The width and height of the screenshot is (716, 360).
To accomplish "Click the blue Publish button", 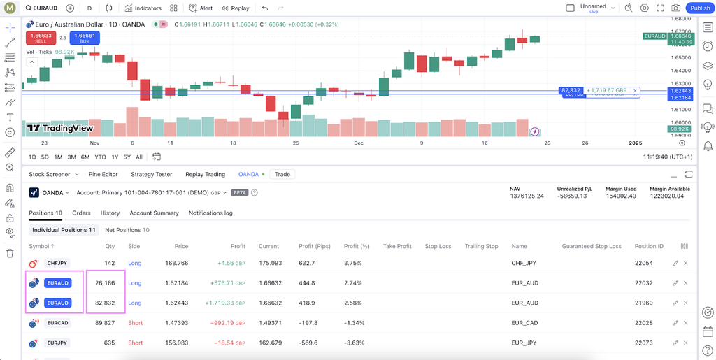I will (x=700, y=8).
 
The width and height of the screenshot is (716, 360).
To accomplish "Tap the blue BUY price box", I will (x=85, y=38).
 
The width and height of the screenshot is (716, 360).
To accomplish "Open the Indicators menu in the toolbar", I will (x=143, y=8).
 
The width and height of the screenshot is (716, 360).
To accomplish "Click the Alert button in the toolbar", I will (x=201, y=8).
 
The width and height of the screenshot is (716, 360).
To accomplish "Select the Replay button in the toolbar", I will (x=235, y=8).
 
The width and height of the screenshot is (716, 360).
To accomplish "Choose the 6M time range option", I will (x=85, y=157).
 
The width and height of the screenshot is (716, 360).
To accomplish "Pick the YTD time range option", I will (x=100, y=157).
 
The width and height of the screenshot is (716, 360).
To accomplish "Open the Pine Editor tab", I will (x=103, y=174).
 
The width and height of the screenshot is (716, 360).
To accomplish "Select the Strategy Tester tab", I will (x=151, y=174).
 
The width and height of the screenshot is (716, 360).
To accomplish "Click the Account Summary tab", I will (x=154, y=213).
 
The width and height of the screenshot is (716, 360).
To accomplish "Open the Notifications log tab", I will (x=210, y=213).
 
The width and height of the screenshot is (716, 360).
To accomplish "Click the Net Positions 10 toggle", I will (x=127, y=230).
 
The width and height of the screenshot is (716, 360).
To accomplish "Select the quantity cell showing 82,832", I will (x=105, y=303).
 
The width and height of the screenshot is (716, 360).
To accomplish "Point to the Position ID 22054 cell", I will (x=643, y=263).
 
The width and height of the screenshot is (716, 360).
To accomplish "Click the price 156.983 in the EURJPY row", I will (x=177, y=343).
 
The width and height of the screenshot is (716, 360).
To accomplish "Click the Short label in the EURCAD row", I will (x=135, y=323).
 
